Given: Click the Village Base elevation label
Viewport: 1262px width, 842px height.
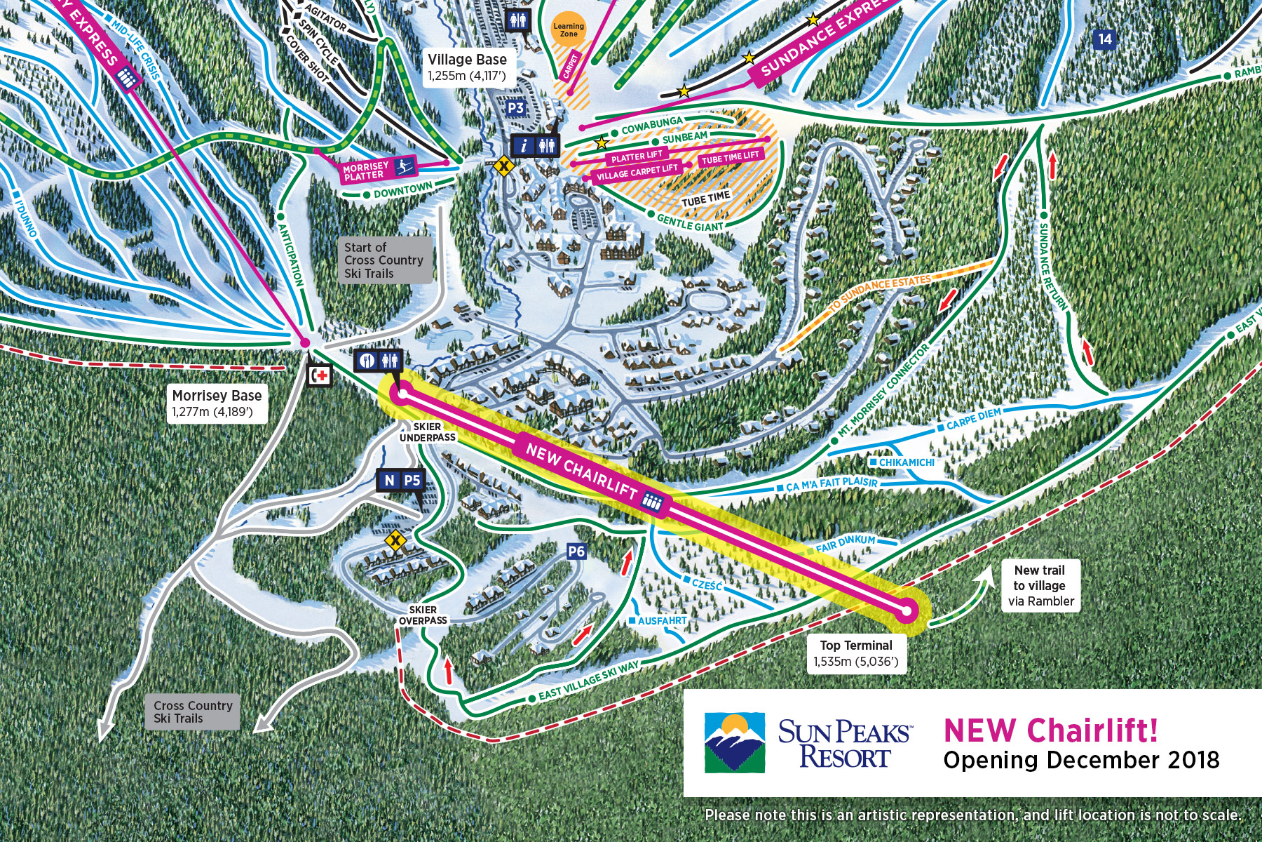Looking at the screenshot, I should click(x=467, y=67).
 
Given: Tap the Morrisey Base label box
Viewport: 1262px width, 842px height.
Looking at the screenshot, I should click(x=217, y=403).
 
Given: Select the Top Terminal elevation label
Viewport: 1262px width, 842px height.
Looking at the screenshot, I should click(x=856, y=653).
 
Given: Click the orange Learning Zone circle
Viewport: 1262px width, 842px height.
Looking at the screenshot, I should click(x=569, y=29).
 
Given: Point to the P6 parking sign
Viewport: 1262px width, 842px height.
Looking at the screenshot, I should click(x=576, y=552).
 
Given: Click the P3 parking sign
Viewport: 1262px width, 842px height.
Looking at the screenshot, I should click(x=515, y=107).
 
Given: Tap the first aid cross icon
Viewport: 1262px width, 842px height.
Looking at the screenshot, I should click(x=320, y=375).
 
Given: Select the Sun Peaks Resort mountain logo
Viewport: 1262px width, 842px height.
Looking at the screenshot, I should click(x=734, y=742).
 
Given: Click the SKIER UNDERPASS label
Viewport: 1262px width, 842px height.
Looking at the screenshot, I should click(x=427, y=432).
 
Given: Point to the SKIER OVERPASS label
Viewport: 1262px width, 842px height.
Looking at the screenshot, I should click(x=423, y=615).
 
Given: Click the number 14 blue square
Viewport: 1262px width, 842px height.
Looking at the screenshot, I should click(x=1105, y=39).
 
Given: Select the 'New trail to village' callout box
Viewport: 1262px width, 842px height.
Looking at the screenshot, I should click(x=1040, y=585).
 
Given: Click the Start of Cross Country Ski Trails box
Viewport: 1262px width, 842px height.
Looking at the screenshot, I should click(x=384, y=260).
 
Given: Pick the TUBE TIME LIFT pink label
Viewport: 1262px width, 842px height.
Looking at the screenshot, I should click(x=731, y=158).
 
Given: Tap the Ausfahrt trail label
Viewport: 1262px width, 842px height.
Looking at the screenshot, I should click(x=661, y=621).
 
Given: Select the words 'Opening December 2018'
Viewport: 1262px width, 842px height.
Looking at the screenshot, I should click(x=1081, y=761).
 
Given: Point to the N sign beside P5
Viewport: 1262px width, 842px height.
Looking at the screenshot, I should click(x=389, y=481).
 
